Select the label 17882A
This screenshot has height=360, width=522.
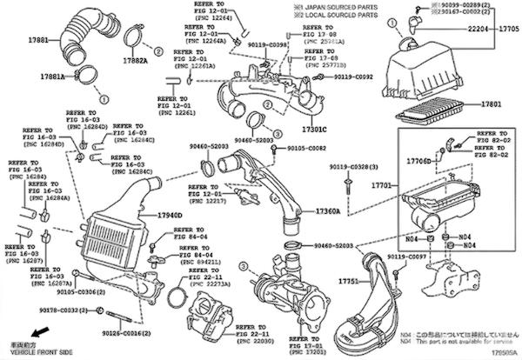coord(134,61)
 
